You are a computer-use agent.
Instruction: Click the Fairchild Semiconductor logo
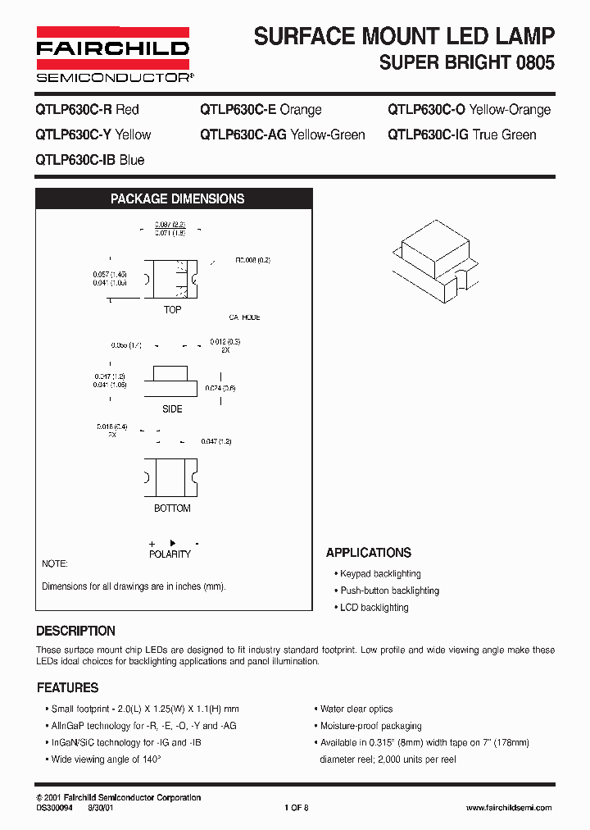tap(112, 54)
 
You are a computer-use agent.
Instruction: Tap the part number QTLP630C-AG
tap(243, 135)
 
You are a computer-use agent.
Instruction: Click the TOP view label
tap(172, 310)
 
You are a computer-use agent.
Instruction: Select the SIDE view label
tap(172, 409)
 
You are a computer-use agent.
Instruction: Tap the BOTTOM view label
tap(172, 508)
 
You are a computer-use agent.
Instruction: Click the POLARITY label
tap(170, 554)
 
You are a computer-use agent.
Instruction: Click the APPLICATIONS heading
tap(369, 553)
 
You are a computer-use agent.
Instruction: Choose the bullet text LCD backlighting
tap(374, 608)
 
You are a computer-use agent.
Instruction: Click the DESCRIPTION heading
tap(76, 632)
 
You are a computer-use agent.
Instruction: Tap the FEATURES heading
tap(68, 688)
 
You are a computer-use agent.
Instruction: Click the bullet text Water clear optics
tap(356, 709)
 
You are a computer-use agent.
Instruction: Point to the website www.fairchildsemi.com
tap(509, 808)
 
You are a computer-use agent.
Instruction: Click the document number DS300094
tap(55, 808)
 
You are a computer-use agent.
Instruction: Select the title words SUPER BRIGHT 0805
tap(467, 62)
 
